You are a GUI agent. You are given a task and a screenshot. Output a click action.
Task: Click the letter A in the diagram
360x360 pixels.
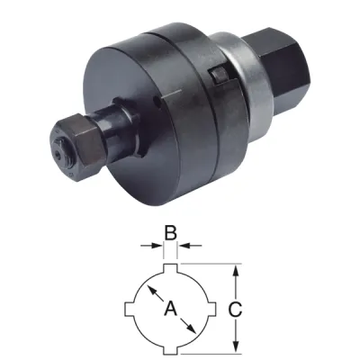[x=169, y=310]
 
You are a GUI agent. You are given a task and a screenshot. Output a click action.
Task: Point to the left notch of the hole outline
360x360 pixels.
[x=128, y=309]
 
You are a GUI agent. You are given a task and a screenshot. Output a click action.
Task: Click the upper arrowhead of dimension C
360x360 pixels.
[x=237, y=270]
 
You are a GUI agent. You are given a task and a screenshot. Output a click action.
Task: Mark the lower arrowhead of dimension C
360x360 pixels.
[x=237, y=347]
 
